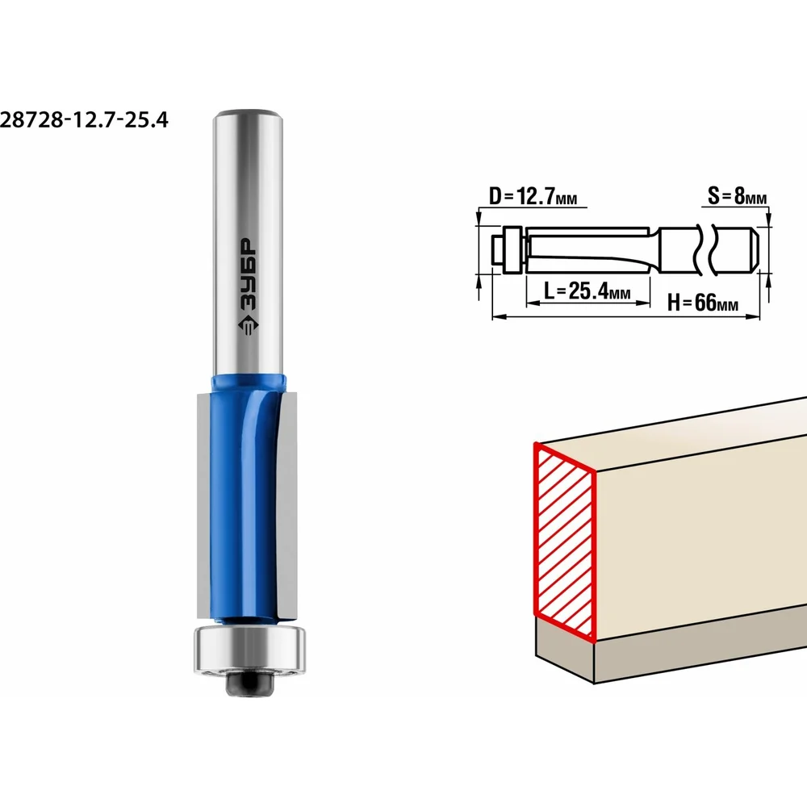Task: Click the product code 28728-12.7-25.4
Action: coord(84,120)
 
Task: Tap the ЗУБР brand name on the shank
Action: coord(248,274)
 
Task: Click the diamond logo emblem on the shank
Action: coord(248,325)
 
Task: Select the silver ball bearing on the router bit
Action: coord(249,650)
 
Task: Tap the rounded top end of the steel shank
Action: coord(248,115)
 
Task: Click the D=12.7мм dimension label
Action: coord(532,197)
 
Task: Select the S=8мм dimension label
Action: coord(737,196)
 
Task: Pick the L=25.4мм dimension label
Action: coord(587,292)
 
